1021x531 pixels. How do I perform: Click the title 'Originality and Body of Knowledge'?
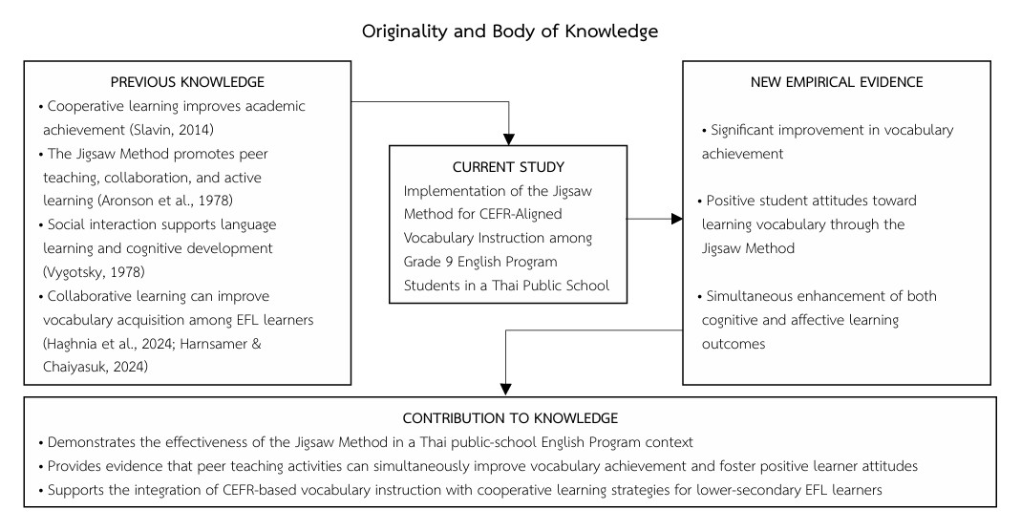tap(510, 32)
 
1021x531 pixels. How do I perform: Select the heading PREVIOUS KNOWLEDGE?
tap(187, 82)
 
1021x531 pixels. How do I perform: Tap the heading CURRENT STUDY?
tap(508, 167)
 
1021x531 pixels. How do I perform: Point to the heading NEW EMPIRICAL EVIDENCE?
tap(837, 82)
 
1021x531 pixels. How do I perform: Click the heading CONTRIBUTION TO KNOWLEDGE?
tap(510, 418)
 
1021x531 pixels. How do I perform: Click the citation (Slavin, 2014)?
tap(172, 130)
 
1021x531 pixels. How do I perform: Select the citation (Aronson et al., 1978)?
tap(164, 201)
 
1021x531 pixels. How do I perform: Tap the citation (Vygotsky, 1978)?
tap(94, 272)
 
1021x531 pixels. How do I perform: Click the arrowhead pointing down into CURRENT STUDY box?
tap(508, 139)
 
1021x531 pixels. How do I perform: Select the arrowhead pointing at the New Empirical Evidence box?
tap(677, 220)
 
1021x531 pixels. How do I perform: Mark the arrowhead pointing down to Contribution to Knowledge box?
tap(506, 390)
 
